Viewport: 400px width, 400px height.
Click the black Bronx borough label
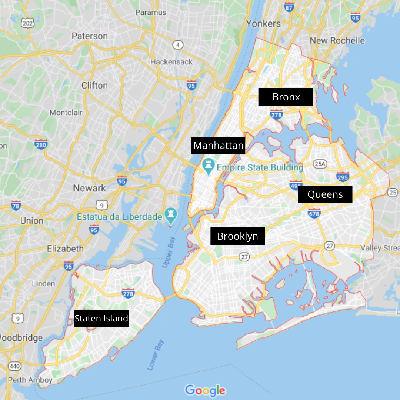click(286, 97)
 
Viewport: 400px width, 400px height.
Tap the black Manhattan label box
click(219, 146)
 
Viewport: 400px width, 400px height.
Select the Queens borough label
click(325, 194)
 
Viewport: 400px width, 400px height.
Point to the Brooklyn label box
click(237, 236)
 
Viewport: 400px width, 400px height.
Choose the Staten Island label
click(101, 318)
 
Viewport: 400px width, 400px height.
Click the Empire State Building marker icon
click(208, 166)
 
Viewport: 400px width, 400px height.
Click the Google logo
click(205, 390)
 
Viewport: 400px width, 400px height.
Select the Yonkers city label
click(264, 24)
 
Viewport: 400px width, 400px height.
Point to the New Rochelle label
click(337, 40)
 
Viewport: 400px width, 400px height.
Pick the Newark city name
click(89, 188)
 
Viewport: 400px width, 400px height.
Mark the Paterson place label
click(90, 36)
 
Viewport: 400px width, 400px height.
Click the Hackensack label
click(171, 62)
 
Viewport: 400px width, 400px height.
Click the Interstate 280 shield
click(40, 144)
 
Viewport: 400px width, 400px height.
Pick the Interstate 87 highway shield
click(289, 7)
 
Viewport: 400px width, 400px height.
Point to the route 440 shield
click(15, 366)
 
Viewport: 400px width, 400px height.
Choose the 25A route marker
click(320, 163)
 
